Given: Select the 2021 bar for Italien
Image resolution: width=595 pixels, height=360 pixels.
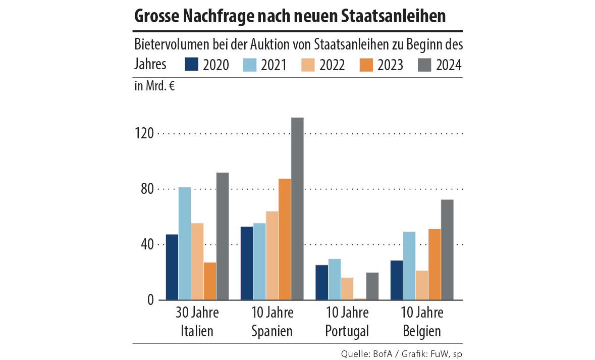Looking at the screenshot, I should pos(185,243).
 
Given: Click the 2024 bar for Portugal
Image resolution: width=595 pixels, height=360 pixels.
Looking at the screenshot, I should pos(372,286).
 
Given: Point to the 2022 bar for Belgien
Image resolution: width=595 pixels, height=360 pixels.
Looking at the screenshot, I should pos(422,285).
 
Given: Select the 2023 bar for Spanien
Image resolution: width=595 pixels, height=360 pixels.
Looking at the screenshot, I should pos(285,239).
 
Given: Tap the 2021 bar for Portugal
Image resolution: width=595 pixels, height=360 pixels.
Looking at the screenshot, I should pos(335,279).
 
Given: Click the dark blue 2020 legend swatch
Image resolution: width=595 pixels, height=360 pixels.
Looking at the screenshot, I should pos(192,65).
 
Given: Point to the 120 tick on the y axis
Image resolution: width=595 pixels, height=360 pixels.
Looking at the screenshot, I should pos(145,134).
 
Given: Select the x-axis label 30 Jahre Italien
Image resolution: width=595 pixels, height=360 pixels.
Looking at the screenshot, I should pos(197,322).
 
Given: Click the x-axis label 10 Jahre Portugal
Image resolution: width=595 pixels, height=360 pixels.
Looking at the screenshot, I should pos(347,322).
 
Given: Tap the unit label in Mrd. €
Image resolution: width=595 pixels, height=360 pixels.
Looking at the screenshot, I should pos(154,86).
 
